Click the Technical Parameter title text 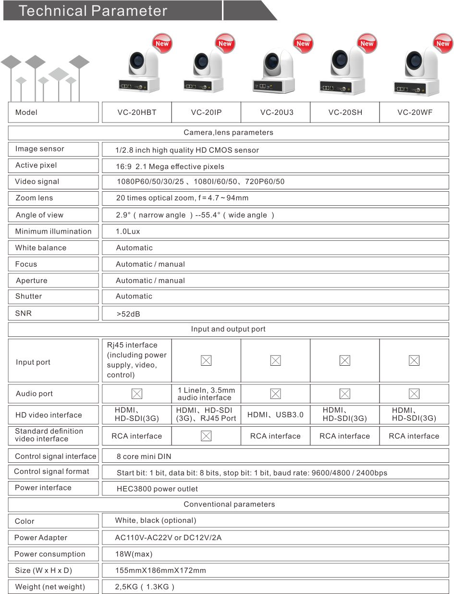93,11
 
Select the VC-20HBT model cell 137,112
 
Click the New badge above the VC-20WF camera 442,43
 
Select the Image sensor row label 39,149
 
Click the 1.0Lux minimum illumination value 128,231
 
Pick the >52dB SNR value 128,314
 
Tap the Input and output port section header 228,329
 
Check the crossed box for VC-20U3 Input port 275,360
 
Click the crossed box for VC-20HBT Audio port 137,394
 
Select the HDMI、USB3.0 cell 275,415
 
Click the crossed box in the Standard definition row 206,436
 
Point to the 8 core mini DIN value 144,456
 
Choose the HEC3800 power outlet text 157,489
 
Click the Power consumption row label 49,554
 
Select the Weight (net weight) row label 50,587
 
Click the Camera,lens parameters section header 228,132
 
